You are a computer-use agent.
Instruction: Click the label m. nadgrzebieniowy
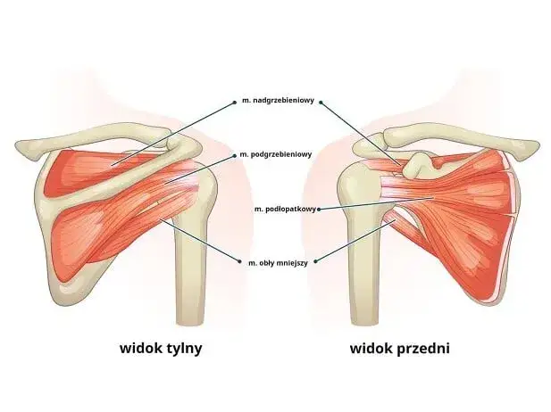click(x=278, y=101)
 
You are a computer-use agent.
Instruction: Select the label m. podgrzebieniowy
click(x=276, y=154)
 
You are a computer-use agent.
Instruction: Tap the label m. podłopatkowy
click(x=285, y=210)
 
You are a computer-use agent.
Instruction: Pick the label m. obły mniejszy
click(x=278, y=263)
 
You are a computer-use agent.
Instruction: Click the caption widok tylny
click(x=161, y=349)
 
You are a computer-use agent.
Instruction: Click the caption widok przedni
click(x=399, y=349)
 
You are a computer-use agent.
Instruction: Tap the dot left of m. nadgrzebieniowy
click(x=235, y=103)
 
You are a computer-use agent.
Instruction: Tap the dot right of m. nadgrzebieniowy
click(x=321, y=103)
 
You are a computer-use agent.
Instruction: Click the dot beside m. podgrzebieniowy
click(x=235, y=155)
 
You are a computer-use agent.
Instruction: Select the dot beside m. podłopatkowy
click(x=319, y=210)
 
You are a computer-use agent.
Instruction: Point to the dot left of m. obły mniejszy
click(x=240, y=261)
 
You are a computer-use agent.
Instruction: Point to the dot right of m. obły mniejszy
click(x=315, y=261)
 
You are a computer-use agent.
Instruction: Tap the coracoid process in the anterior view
click(x=418, y=164)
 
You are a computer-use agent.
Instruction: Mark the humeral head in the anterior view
click(x=360, y=186)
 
